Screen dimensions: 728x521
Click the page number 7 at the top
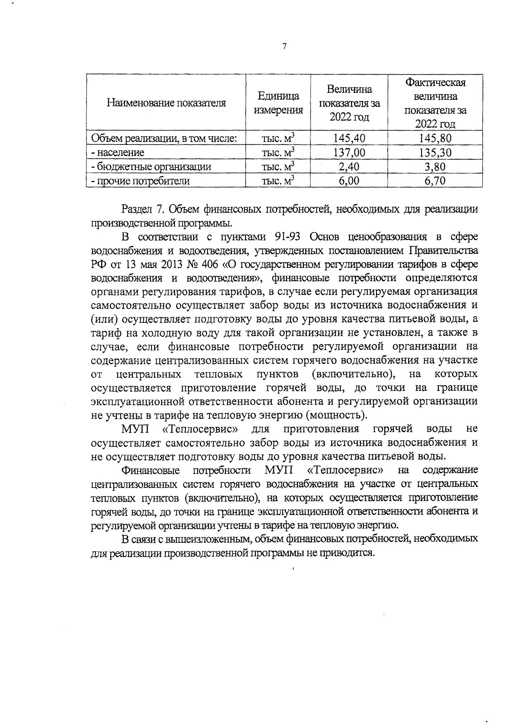(284, 46)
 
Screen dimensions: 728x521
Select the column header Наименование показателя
(166, 103)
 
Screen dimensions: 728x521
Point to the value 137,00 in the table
(350, 152)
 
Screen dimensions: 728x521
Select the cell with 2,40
(350, 167)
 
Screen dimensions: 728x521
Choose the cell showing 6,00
(350, 180)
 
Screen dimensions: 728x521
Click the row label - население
(117, 153)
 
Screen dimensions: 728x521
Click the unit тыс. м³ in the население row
(278, 152)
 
